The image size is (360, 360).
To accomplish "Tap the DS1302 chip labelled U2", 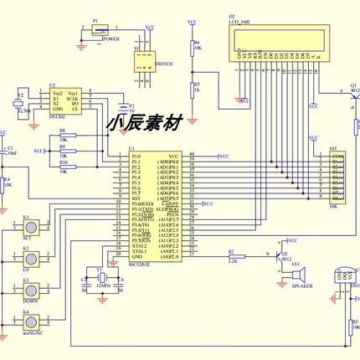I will tap(64, 100).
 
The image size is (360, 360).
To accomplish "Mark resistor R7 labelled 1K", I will tap(193, 88).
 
